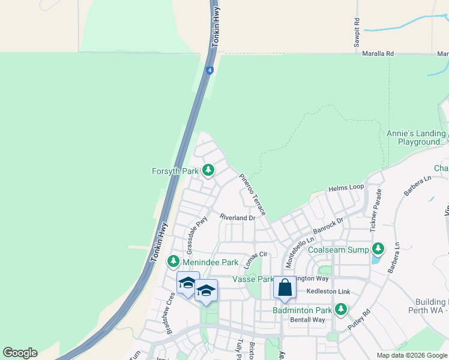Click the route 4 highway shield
tap(209, 70)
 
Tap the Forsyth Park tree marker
tap(208, 170)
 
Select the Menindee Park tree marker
tap(173, 262)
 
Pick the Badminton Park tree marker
tap(341, 310)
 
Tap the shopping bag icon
tap(285, 288)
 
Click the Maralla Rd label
tap(378, 53)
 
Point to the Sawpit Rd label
tap(357, 28)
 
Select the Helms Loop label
tap(346, 188)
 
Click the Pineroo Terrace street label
tap(252, 191)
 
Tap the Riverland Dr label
tap(237, 217)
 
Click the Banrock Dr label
tap(328, 227)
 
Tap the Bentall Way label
tap(307, 320)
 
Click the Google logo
tap(20, 353)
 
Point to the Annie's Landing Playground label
tap(416, 137)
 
